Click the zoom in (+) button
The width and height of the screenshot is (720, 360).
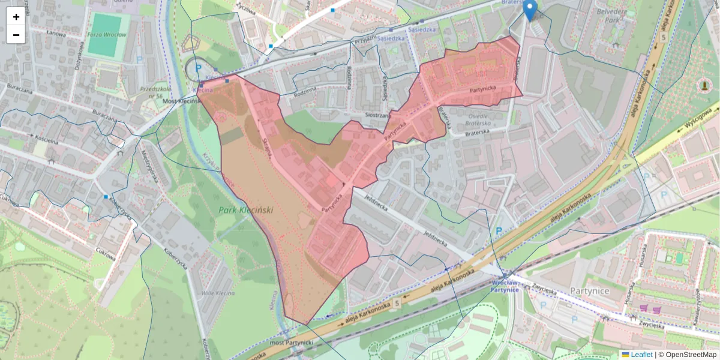(x=16, y=16)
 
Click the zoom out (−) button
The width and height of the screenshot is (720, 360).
(x=16, y=35)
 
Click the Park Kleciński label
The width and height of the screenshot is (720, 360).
(x=244, y=210)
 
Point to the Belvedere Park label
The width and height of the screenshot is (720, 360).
(x=613, y=15)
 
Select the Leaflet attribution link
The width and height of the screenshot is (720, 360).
(x=640, y=355)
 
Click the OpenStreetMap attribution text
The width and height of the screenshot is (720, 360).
(x=688, y=355)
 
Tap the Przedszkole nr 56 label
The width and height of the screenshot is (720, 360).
(x=151, y=92)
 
